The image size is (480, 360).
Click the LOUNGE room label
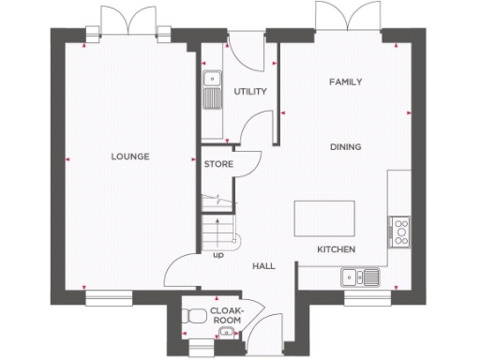130,157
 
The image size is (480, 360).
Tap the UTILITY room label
250,92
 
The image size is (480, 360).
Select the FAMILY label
345,82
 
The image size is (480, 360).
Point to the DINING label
345,147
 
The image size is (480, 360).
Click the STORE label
218,164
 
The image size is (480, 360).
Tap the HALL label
263,266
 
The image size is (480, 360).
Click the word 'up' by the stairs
218,254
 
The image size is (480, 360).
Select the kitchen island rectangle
324,218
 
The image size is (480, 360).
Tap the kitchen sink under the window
361,276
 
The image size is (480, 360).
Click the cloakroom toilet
196,316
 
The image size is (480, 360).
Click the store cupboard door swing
247,161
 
